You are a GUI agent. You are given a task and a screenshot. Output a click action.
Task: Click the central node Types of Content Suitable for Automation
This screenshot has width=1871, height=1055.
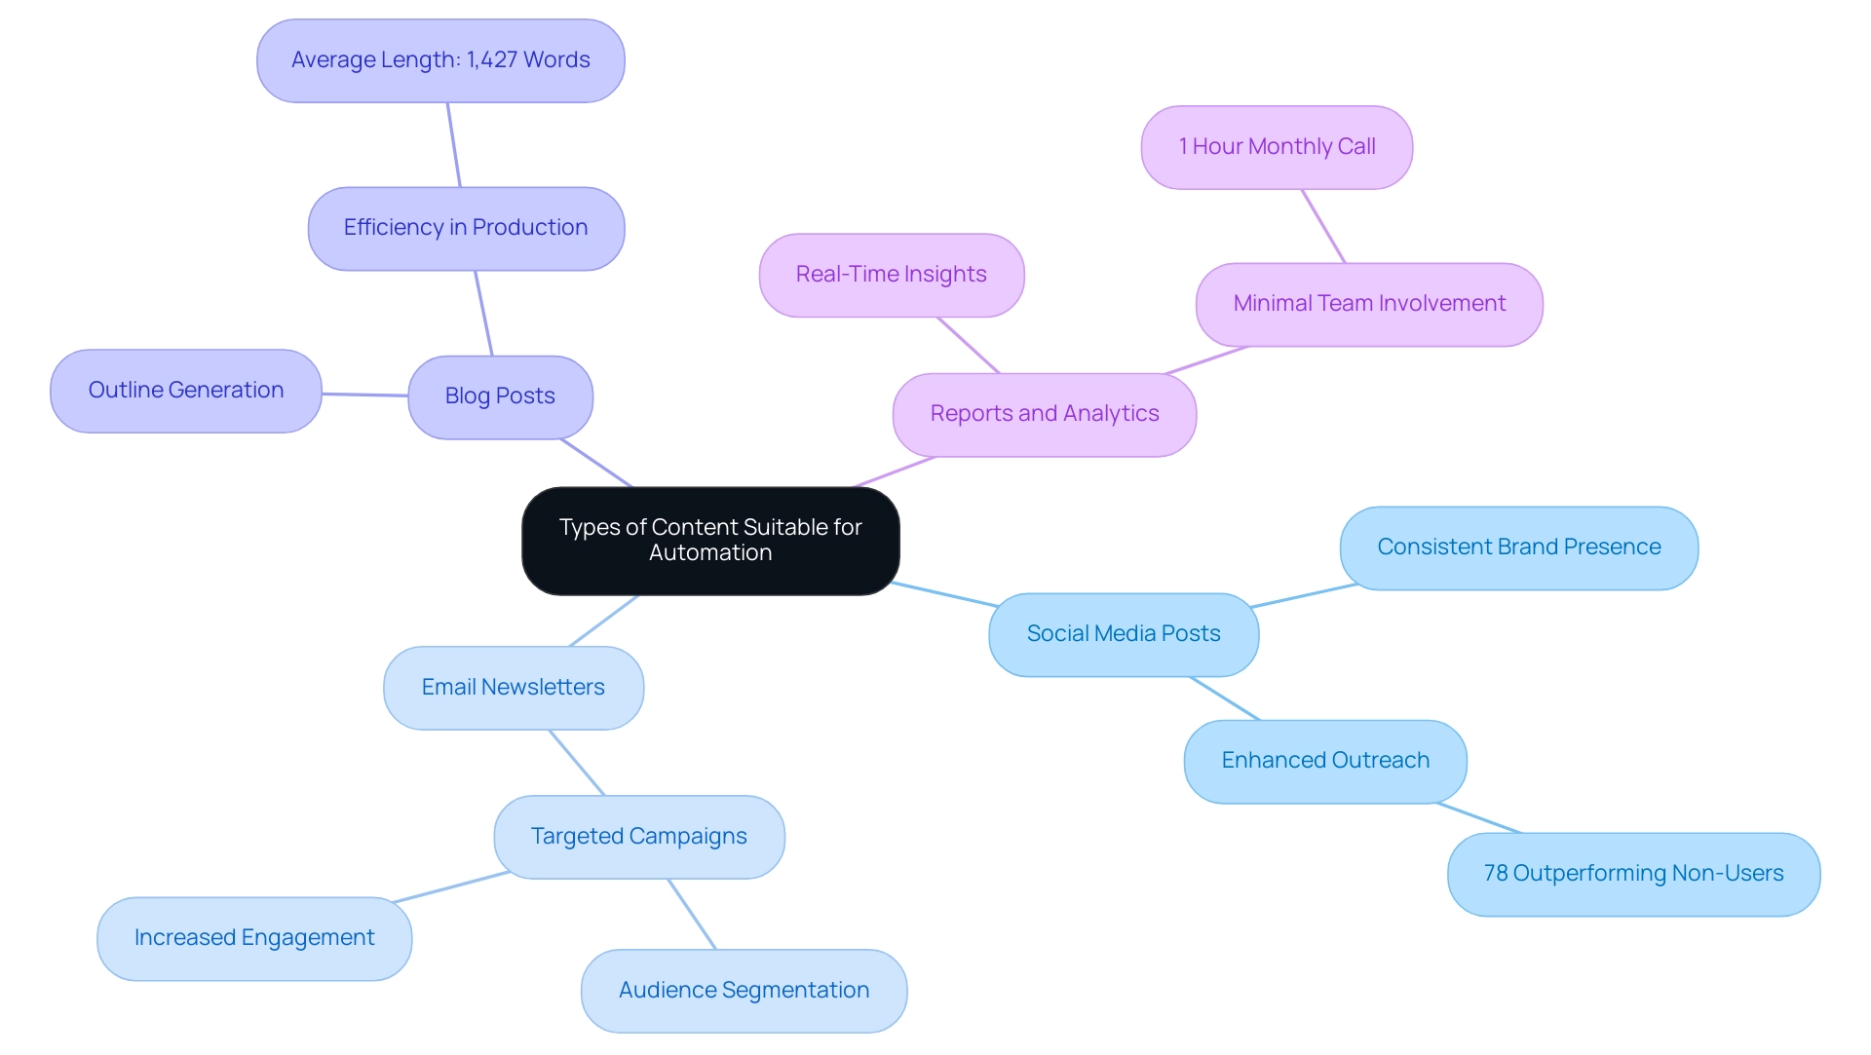710,541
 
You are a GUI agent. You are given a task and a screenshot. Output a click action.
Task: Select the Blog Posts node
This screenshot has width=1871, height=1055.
500,396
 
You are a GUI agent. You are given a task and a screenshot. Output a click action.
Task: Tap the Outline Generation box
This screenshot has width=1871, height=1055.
185,391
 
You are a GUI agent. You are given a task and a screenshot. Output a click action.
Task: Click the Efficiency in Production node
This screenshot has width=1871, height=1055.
466,228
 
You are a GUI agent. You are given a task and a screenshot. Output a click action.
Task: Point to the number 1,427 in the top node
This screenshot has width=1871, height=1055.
492,60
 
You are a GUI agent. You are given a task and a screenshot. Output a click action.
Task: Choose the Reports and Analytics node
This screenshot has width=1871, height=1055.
1044,414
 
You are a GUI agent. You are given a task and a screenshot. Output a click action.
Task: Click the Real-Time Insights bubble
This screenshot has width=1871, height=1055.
891,275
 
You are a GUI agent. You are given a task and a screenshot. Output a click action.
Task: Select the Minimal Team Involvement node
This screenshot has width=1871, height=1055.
1368,304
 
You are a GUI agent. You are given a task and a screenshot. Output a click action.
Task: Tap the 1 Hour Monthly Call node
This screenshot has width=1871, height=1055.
1277,147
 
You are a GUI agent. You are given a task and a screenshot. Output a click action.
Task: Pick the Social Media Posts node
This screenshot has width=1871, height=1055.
1123,634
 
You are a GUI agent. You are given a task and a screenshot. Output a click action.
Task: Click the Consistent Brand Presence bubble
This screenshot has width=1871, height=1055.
1518,547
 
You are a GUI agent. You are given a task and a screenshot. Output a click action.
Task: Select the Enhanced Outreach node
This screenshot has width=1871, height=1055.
1324,761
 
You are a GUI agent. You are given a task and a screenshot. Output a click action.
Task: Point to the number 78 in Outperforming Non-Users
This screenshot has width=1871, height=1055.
1495,874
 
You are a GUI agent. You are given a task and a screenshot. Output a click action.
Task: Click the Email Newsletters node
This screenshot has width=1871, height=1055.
513,688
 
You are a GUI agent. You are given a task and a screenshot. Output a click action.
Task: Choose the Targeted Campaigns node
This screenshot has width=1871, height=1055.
638,837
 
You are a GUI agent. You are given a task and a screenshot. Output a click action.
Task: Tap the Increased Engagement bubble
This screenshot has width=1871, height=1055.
253,938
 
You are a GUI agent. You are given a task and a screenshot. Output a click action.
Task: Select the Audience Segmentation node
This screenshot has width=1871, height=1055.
744,991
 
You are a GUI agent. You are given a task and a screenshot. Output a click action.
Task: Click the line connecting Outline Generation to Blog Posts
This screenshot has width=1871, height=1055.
364,395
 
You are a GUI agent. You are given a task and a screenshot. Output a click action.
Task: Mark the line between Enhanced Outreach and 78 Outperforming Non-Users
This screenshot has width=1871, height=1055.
1478,818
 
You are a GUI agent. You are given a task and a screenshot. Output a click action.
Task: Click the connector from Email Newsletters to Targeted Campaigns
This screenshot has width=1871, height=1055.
577,763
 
